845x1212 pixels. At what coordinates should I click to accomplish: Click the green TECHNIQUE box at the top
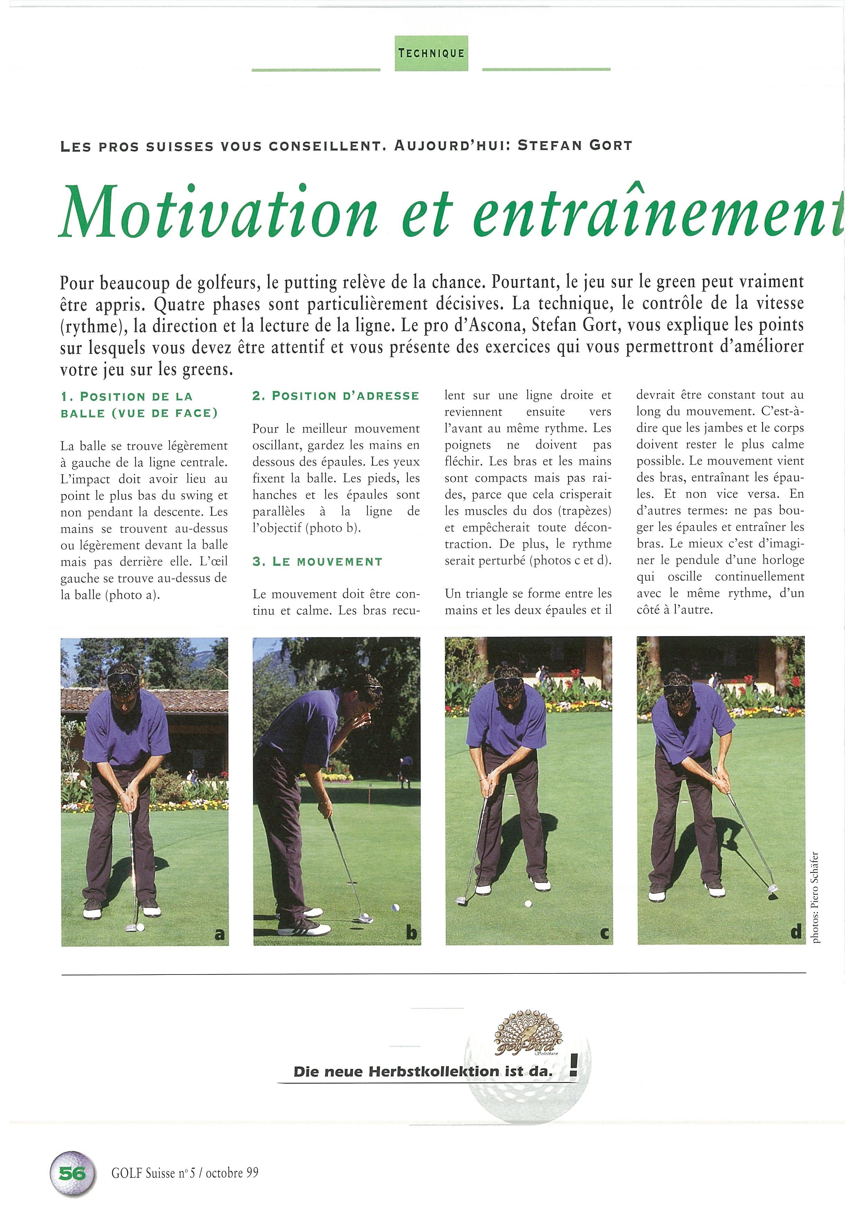(x=431, y=53)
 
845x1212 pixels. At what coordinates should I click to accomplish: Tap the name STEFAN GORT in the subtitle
(x=575, y=146)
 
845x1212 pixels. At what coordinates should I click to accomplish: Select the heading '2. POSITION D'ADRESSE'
(x=336, y=396)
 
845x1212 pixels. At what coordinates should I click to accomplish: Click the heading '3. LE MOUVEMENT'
(x=317, y=562)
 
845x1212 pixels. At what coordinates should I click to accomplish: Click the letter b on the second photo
(x=411, y=934)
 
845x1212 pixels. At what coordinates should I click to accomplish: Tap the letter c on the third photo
(x=604, y=934)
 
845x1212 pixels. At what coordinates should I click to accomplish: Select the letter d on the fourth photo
(x=796, y=933)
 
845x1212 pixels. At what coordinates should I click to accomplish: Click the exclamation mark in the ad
(x=574, y=1068)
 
